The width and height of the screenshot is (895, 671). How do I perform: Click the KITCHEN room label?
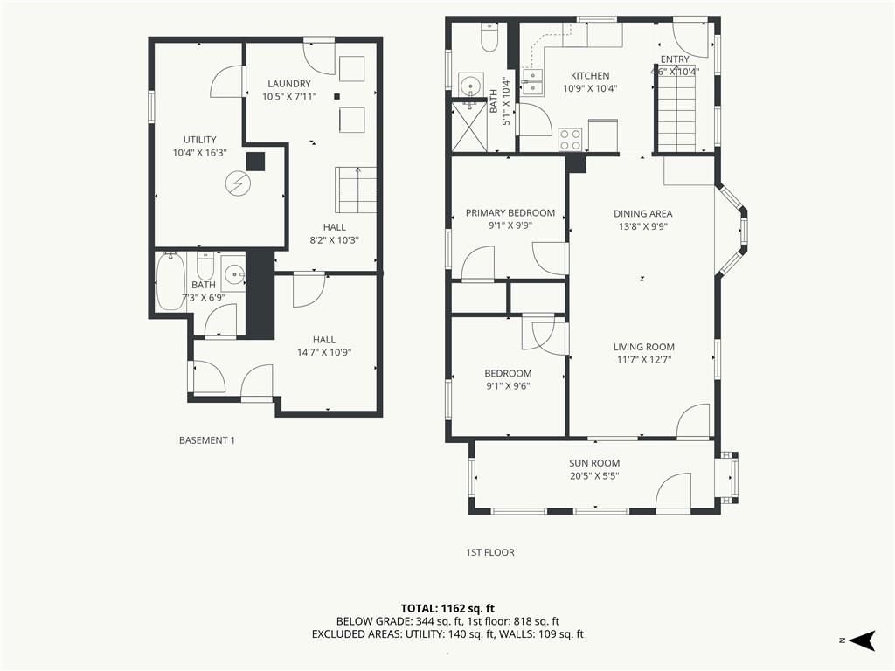pyautogui.click(x=590, y=76)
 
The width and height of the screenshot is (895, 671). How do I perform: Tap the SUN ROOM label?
pyautogui.click(x=594, y=463)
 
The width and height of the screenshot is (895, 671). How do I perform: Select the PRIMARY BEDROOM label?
pyautogui.click(x=510, y=213)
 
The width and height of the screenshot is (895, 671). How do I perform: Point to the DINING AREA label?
pyautogui.click(x=642, y=214)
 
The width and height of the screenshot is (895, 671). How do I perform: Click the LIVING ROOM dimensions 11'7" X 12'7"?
pyautogui.click(x=644, y=359)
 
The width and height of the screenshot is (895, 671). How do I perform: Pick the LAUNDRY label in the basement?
pyautogui.click(x=288, y=84)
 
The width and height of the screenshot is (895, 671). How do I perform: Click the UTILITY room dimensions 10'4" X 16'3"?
pyautogui.click(x=200, y=153)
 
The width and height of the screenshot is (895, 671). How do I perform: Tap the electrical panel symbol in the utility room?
pyautogui.click(x=236, y=183)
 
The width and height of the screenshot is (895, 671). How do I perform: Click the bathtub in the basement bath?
pyautogui.click(x=170, y=281)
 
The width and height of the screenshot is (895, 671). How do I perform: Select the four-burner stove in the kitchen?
pyautogui.click(x=570, y=139)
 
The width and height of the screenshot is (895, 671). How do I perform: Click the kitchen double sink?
pyautogui.click(x=532, y=81)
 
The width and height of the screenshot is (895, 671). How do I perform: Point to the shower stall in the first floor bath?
pyautogui.click(x=469, y=127)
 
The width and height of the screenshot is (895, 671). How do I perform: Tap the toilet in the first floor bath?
pyautogui.click(x=490, y=37)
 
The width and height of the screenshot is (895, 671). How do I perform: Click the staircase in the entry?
pyautogui.click(x=676, y=116)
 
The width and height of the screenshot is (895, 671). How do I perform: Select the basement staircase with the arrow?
pyautogui.click(x=356, y=190)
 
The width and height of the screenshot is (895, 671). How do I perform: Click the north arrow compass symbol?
pyautogui.click(x=862, y=640)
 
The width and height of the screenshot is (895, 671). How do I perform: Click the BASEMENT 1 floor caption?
pyautogui.click(x=206, y=440)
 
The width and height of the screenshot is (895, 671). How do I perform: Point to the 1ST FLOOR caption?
pyautogui.click(x=489, y=552)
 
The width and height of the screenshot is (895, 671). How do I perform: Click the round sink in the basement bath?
pyautogui.click(x=232, y=276)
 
